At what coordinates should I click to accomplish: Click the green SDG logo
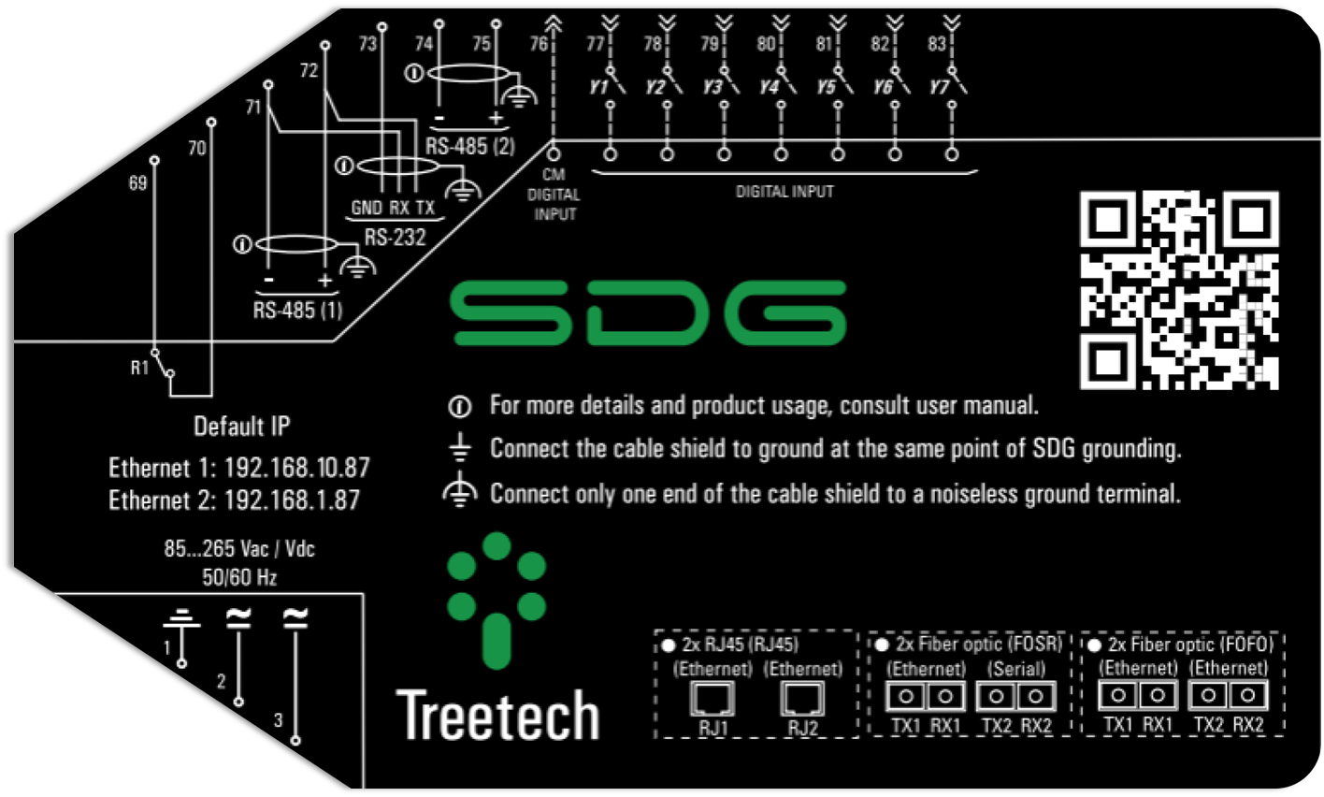point(648,312)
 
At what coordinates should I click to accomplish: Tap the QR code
point(1179,290)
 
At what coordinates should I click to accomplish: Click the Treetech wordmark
point(497,717)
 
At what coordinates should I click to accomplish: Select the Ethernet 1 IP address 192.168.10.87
point(297,467)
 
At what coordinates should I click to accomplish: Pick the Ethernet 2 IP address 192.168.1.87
point(292,500)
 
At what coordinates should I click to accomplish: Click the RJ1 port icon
point(712,699)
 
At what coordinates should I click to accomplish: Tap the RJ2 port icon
point(802,699)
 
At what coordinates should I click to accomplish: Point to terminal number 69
point(137,182)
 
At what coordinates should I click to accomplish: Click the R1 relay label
point(139,368)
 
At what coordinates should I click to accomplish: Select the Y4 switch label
point(769,87)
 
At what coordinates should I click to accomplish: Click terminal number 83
point(937,44)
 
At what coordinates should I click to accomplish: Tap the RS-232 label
point(395,238)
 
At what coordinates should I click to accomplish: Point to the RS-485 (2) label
point(469,147)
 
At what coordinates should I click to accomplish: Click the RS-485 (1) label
point(297,310)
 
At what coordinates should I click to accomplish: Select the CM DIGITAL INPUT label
point(554,195)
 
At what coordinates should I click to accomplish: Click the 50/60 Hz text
point(239,577)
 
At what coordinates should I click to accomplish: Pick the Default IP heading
point(241,427)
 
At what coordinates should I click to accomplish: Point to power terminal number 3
point(278,719)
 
